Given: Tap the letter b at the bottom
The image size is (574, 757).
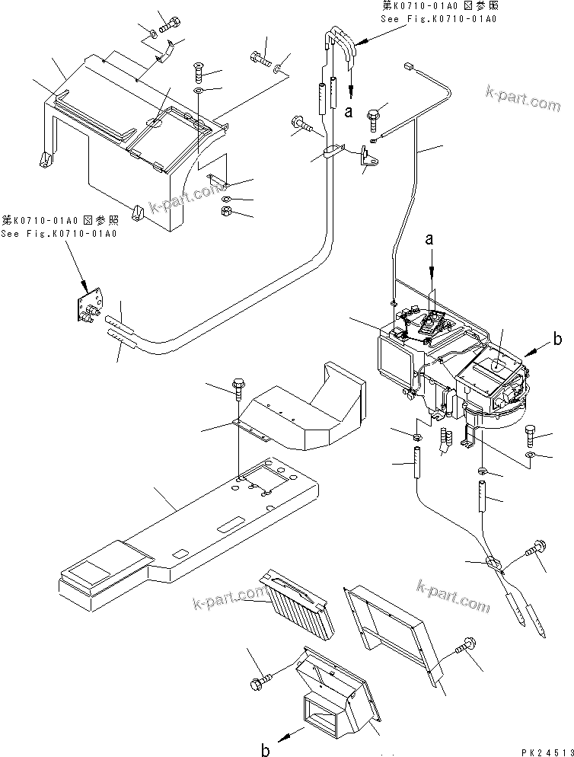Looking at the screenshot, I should coord(265,750).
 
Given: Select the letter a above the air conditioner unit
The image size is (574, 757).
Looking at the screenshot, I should coord(431,240).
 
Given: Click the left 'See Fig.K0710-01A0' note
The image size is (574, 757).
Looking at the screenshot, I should coord(59,227).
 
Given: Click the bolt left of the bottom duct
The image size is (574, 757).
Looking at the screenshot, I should coord(261,676).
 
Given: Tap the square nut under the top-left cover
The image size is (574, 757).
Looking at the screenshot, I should coord(225,211).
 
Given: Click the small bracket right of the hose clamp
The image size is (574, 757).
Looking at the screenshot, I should coord(371,160).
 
